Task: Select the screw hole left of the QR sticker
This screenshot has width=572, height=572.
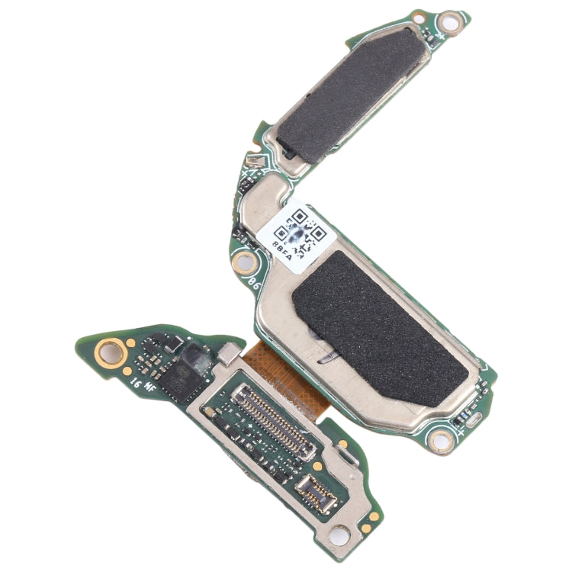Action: tap(244, 264)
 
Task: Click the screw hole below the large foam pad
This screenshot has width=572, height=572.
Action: tap(440, 439)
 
